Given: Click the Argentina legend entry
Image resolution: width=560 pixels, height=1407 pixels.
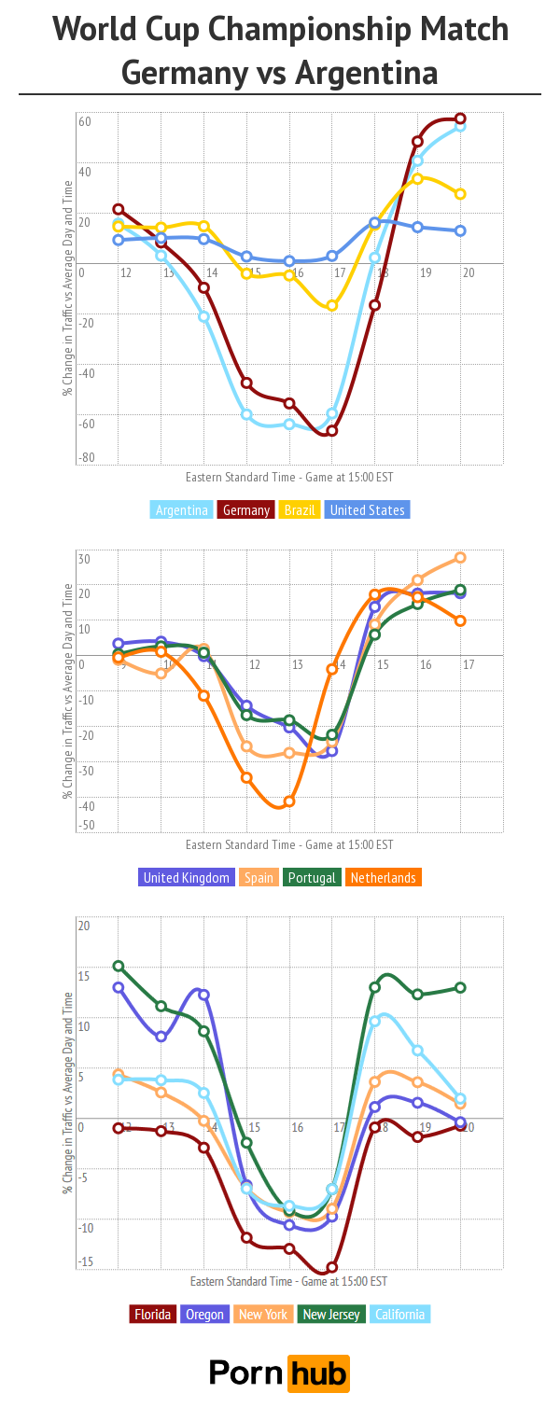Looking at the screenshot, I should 182,510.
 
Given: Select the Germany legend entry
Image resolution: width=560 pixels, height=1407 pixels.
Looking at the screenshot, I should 246,510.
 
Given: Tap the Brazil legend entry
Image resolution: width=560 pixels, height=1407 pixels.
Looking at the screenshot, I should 300,510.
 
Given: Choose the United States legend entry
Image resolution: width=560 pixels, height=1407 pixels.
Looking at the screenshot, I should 368,510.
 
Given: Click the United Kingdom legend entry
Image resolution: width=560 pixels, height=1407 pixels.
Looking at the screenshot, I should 186,878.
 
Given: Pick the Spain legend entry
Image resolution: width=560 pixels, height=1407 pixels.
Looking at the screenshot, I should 260,878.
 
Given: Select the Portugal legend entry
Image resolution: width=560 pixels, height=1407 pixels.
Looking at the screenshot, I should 312,878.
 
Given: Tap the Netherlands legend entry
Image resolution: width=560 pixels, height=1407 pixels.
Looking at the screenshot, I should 383,878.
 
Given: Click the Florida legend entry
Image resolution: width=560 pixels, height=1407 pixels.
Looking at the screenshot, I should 152,1315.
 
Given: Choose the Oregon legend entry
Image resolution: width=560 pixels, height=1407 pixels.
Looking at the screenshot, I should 204,1315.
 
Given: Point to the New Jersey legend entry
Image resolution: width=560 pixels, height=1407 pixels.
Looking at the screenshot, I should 331,1315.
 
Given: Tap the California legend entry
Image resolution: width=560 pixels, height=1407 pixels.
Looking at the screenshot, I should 400,1315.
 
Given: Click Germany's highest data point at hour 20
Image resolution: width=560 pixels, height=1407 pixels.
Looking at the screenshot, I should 460,118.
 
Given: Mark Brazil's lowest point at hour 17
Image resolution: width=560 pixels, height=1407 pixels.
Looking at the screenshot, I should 331,306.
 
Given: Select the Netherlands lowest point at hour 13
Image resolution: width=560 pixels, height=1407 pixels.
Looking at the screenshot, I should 289,801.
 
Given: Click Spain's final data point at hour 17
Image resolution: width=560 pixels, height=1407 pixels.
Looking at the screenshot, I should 460,558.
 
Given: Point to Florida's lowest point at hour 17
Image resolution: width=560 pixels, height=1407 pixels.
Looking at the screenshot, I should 331,1268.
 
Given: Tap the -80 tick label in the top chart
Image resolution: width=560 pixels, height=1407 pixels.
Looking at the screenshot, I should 86,457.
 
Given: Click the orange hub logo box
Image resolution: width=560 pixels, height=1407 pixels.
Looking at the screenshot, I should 317,1373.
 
